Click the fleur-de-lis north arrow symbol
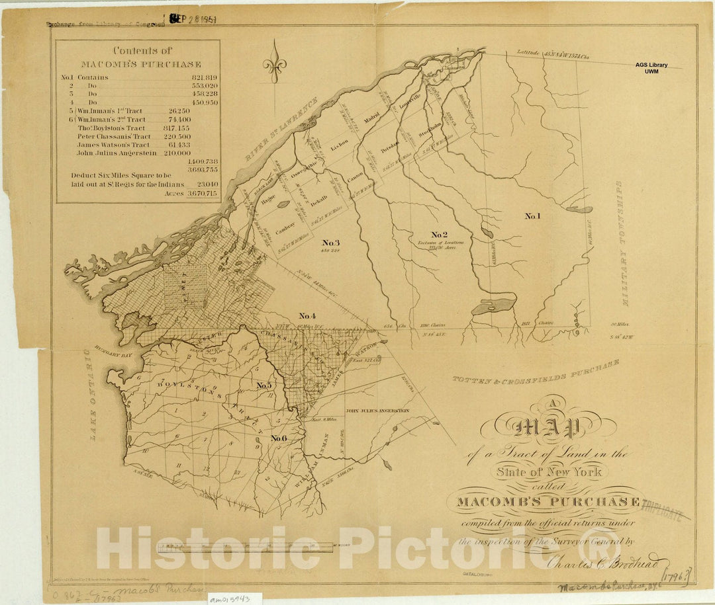coord(274,65)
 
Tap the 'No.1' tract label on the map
coord(532,216)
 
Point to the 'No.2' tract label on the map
coord(440,234)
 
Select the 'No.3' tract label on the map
coord(330,242)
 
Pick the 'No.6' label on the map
coord(279,438)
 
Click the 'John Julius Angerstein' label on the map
coord(377,411)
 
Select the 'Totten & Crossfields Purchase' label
coord(536,372)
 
